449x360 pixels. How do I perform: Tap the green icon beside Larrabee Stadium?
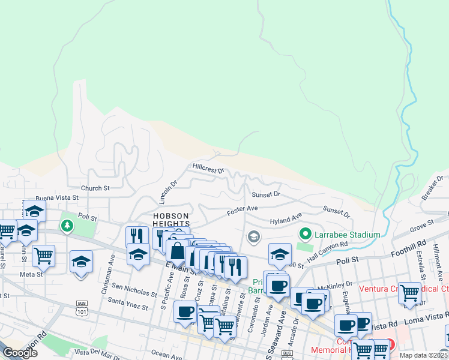(305, 234)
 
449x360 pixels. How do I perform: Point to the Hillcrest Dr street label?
(208, 167)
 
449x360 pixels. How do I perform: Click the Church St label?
(95, 188)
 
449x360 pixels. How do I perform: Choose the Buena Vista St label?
(57, 197)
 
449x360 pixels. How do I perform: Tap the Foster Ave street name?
(242, 211)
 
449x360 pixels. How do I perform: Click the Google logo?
(20, 353)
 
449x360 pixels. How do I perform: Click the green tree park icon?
(67, 226)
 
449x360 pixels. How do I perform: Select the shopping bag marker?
(177, 251)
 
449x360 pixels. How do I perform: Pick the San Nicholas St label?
(134, 292)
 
